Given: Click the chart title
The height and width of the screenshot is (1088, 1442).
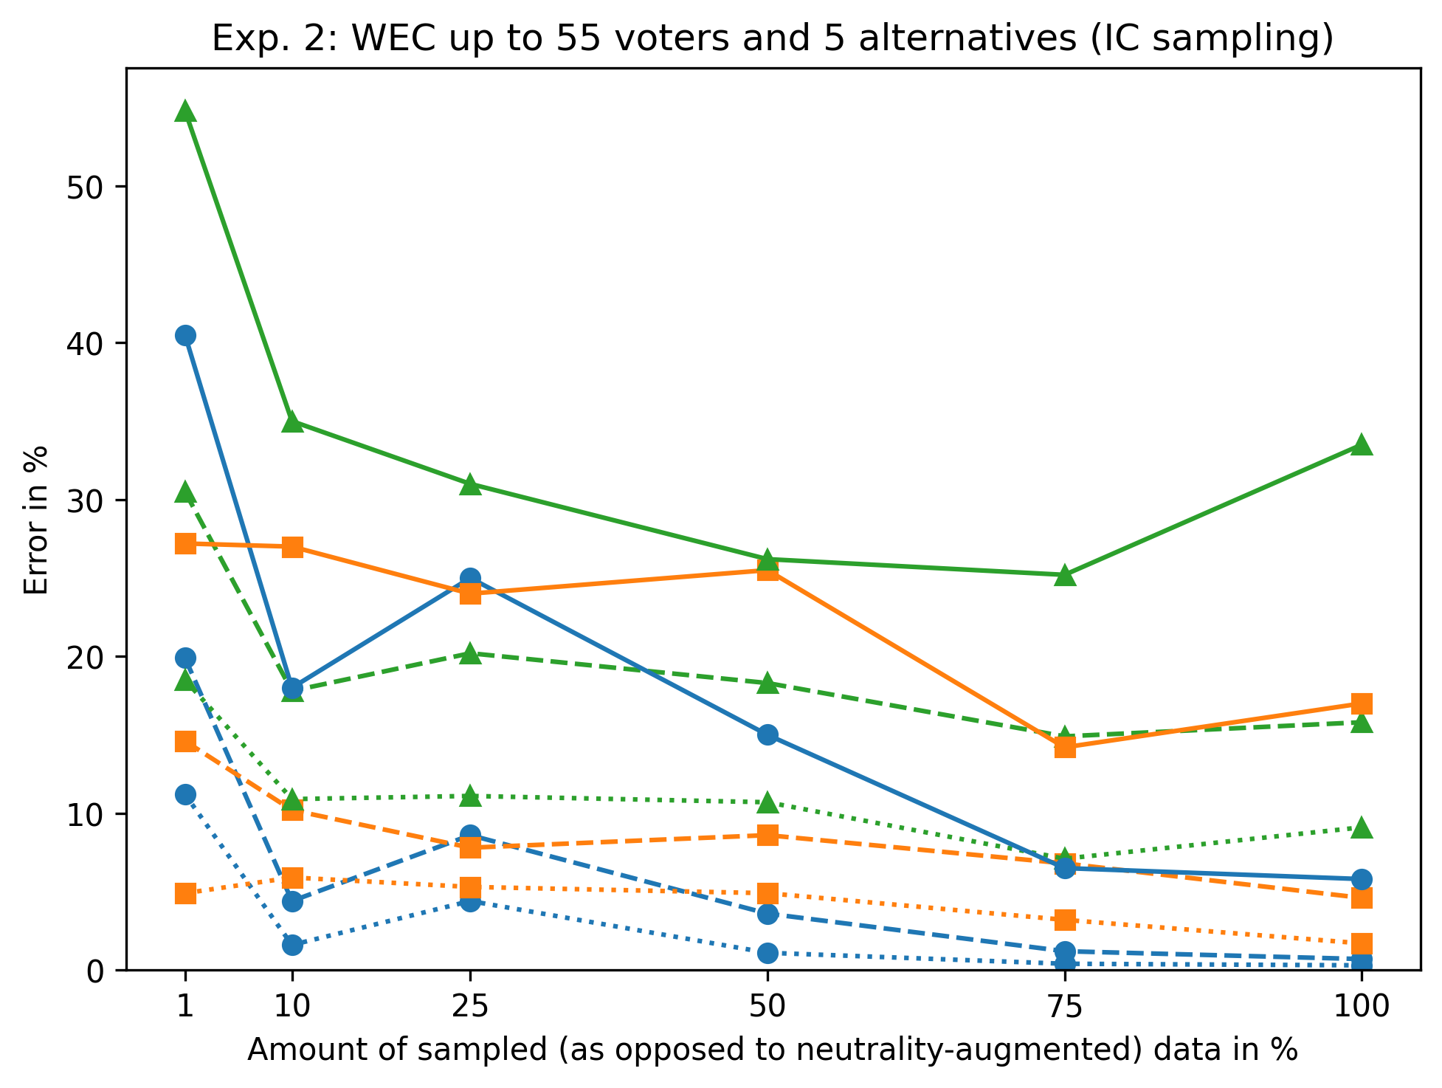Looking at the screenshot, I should tap(773, 38).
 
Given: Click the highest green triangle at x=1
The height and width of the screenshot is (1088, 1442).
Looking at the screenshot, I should tap(185, 111).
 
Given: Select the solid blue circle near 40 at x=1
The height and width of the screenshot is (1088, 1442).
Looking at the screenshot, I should tap(185, 335).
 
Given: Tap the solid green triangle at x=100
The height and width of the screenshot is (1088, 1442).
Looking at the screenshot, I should tap(1362, 444).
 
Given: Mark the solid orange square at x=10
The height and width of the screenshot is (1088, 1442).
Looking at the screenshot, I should tap(292, 547).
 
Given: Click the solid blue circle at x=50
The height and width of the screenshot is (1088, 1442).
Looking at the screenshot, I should tap(767, 734).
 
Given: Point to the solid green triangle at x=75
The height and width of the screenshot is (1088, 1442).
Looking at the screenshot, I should tap(1064, 575).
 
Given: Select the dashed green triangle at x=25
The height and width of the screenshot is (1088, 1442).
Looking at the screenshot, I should tap(470, 654).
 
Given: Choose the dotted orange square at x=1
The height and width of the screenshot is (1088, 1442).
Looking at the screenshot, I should tap(185, 893).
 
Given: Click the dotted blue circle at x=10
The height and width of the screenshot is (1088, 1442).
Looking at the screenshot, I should tap(292, 945).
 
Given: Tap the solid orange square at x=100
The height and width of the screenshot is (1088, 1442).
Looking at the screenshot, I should tap(1362, 702).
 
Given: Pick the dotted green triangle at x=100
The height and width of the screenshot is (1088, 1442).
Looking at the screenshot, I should tap(1362, 827).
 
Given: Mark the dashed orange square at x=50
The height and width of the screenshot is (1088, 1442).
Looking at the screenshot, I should tap(767, 835).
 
